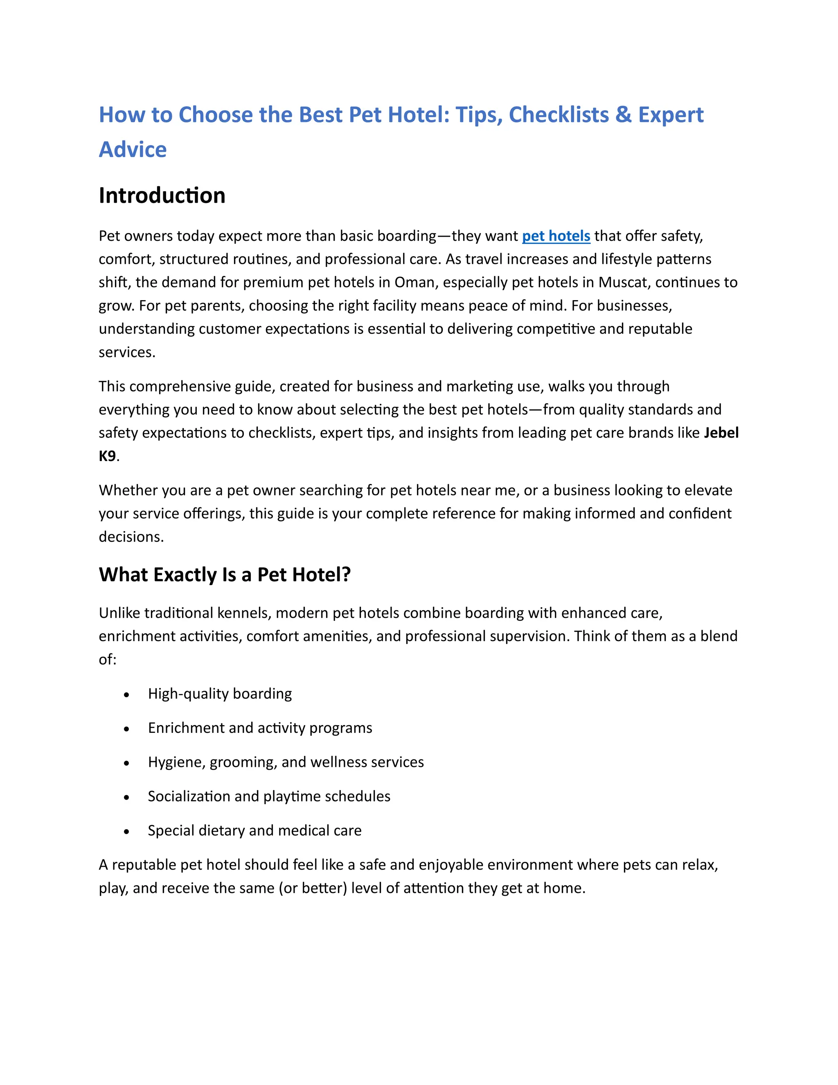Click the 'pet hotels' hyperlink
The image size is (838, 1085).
[x=556, y=235]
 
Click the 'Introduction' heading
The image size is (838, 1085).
[x=162, y=195]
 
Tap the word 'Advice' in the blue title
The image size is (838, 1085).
[x=133, y=149]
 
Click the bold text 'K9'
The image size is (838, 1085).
[x=107, y=456]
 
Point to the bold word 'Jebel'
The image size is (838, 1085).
[x=721, y=433]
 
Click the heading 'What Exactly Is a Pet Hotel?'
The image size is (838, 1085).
[x=224, y=574]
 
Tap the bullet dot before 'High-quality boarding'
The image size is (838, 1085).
[x=126, y=694]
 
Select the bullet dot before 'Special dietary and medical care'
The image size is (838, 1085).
[x=126, y=831]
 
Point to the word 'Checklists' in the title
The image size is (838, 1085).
[x=559, y=115]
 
